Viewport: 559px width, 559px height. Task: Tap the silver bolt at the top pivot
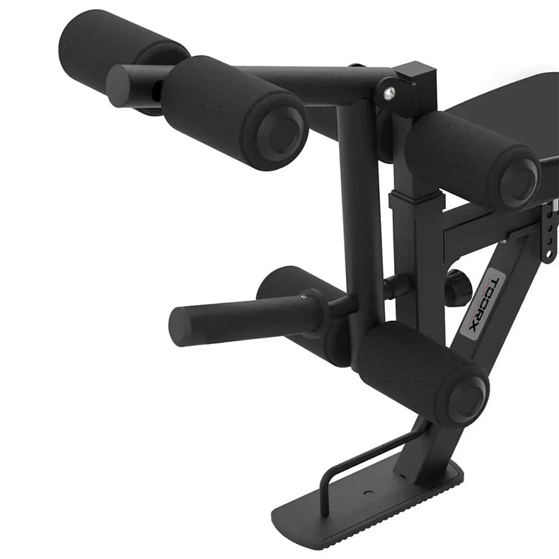click(x=388, y=92)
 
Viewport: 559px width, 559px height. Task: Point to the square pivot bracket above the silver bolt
click(x=417, y=78)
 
